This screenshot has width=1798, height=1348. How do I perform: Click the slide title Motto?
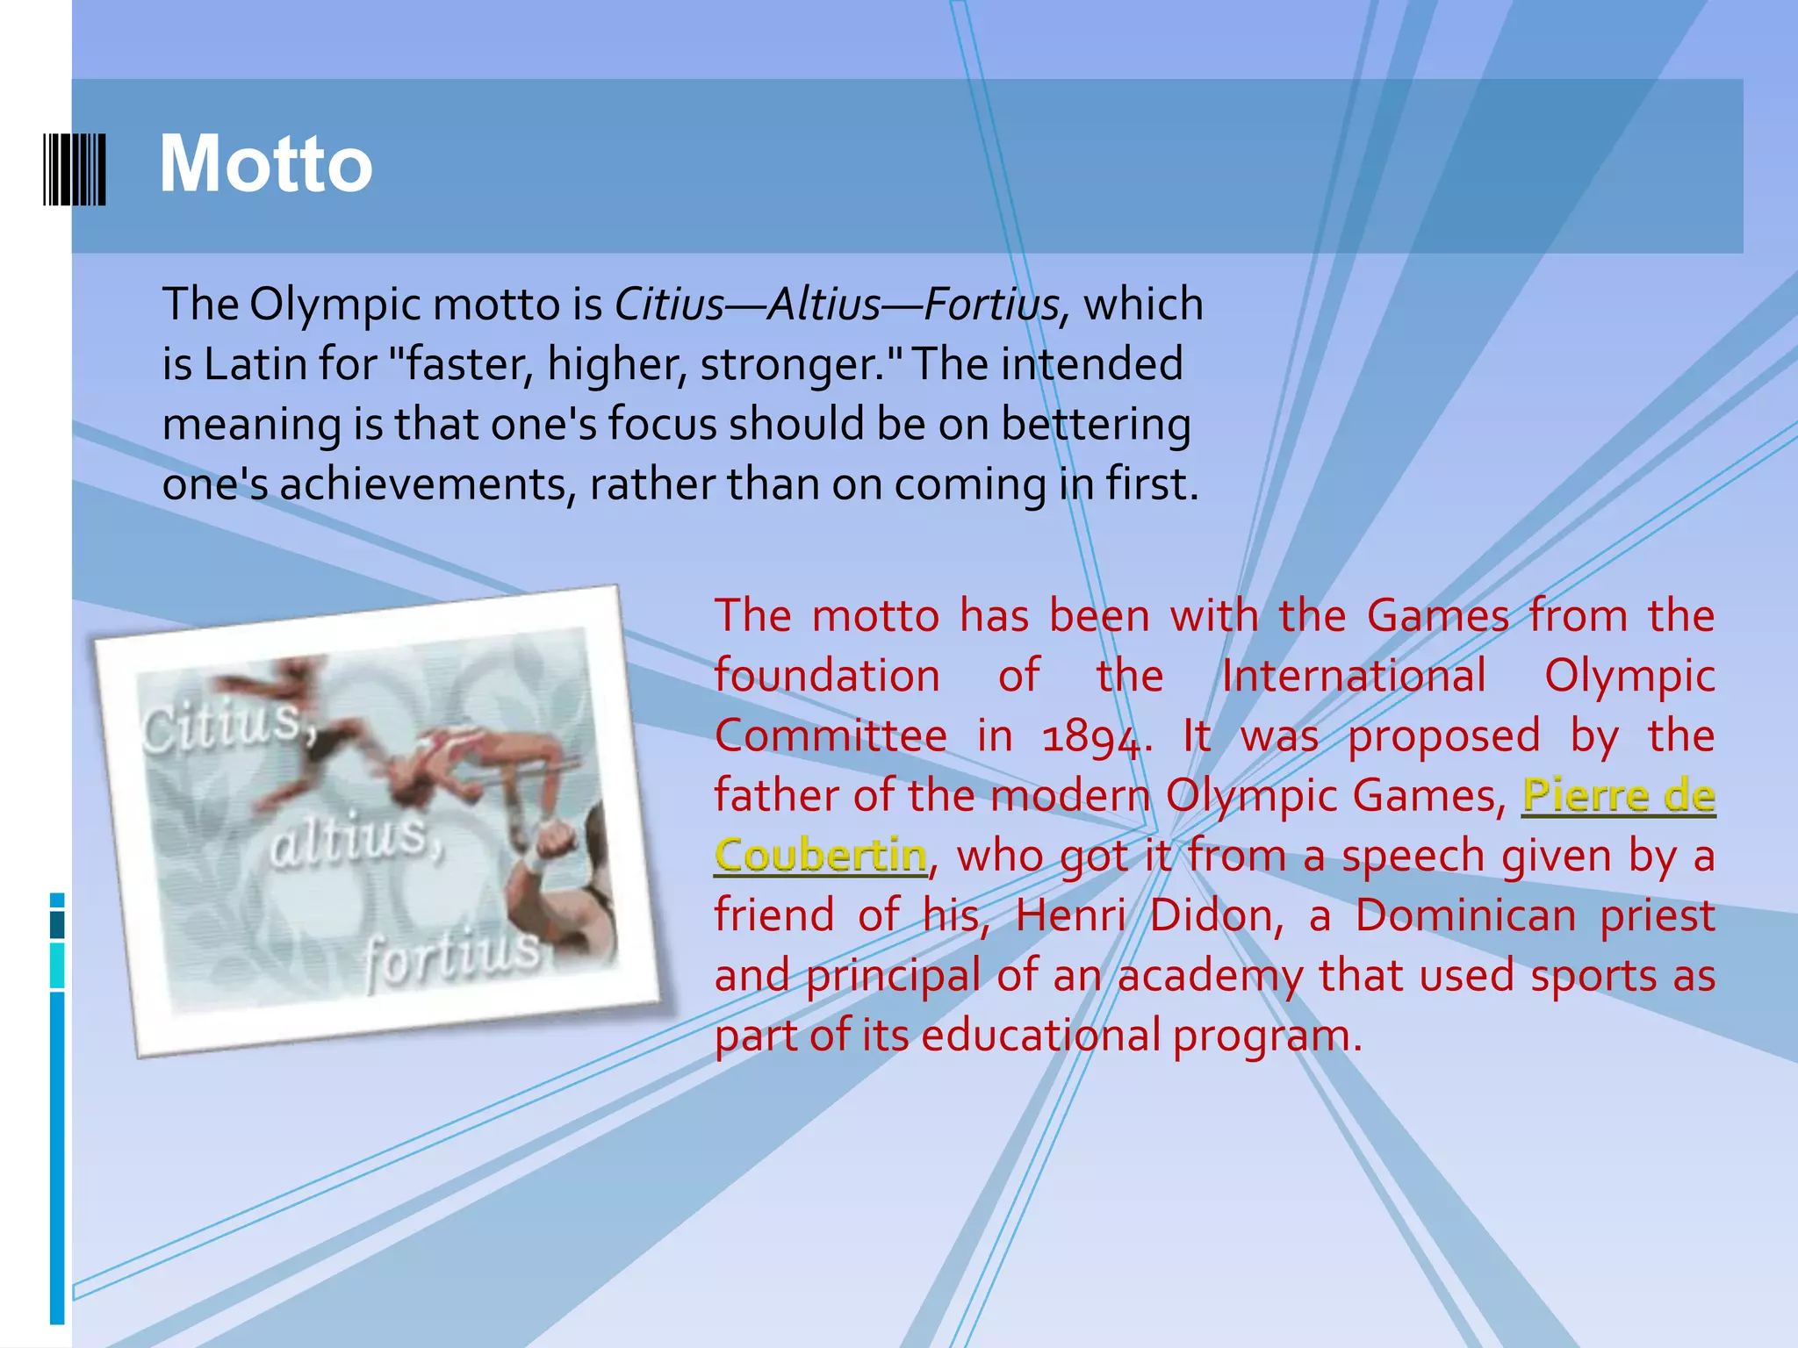[265, 164]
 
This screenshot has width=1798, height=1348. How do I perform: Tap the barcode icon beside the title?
[75, 169]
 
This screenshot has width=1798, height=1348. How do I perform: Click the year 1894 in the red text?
[1091, 737]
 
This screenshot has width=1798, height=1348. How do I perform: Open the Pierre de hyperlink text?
[1618, 796]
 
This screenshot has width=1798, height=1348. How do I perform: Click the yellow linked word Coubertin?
[821, 856]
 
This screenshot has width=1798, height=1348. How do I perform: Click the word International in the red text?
[1354, 677]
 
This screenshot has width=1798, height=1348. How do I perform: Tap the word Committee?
[831, 737]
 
